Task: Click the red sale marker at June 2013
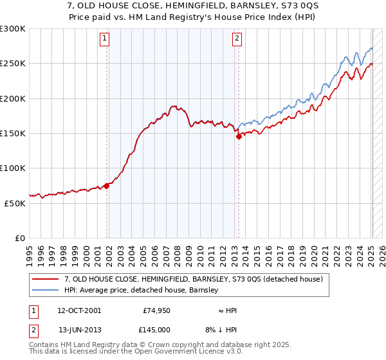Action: pos(239,136)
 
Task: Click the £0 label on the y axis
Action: pos(21,238)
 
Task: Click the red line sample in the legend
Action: pos(46,279)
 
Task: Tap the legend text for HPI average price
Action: pos(141,290)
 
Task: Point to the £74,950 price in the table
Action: pos(155,310)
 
